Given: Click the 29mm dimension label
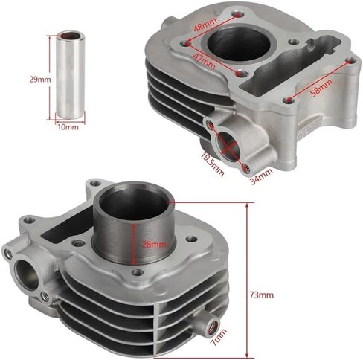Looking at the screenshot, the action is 40,80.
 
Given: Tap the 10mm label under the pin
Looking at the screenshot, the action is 68,127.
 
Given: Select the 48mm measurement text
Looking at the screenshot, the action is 205,25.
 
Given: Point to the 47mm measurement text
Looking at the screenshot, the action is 204,61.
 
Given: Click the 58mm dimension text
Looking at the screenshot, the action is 321,88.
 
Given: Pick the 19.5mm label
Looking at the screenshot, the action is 213,164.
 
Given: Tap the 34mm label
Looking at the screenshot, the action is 261,176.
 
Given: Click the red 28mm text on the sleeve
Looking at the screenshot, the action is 154,245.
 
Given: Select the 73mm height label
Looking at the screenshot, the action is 262,295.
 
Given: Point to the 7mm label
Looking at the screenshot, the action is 219,337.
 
